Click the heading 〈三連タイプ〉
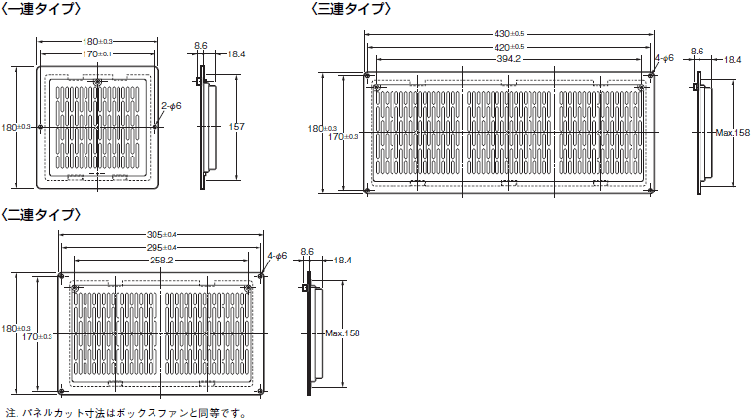(x=352, y=9)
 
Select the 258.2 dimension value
(x=161, y=261)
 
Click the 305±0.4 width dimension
(x=161, y=235)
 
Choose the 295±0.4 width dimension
(x=161, y=248)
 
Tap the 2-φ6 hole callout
(x=171, y=105)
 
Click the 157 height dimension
(x=236, y=127)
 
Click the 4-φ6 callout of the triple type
(x=665, y=58)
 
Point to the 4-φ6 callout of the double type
(x=277, y=256)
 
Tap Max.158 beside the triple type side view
(x=733, y=133)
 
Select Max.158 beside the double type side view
(x=342, y=333)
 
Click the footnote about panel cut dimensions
(x=126, y=412)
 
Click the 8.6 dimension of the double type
(x=307, y=252)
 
